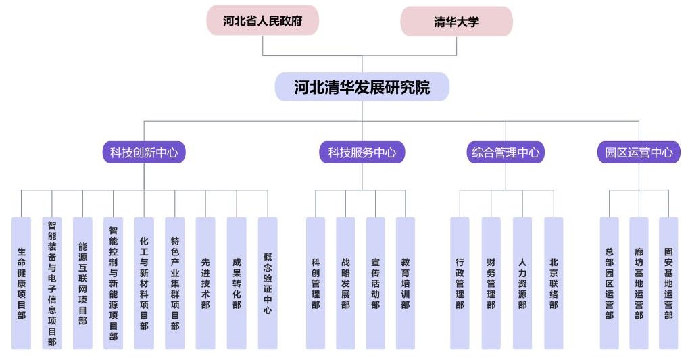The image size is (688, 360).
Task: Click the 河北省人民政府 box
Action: (x=262, y=21)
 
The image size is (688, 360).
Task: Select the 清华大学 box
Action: (x=456, y=22)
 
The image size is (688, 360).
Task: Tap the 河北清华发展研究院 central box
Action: (x=362, y=87)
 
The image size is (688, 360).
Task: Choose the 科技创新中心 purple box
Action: (x=143, y=153)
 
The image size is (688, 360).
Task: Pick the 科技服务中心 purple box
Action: (x=362, y=153)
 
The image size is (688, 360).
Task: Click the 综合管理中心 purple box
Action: (x=506, y=153)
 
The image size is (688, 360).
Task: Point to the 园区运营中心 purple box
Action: (x=639, y=153)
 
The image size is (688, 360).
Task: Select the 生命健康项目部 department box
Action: (x=22, y=283)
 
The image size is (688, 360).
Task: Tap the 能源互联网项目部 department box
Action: (x=82, y=283)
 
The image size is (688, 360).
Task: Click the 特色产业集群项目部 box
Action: (x=175, y=283)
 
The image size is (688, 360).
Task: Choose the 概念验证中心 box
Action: (x=268, y=283)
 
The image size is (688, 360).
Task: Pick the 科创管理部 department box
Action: (x=316, y=283)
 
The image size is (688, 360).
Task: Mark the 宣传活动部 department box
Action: (x=375, y=283)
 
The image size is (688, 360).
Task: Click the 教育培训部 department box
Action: (x=406, y=283)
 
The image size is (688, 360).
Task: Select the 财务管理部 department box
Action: (x=491, y=283)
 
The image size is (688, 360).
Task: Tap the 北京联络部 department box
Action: (x=554, y=283)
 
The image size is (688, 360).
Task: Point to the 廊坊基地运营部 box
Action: (x=639, y=283)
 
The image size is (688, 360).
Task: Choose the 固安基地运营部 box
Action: (x=668, y=283)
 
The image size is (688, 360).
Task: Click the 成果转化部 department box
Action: (x=237, y=283)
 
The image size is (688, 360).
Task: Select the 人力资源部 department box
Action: (x=522, y=283)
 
